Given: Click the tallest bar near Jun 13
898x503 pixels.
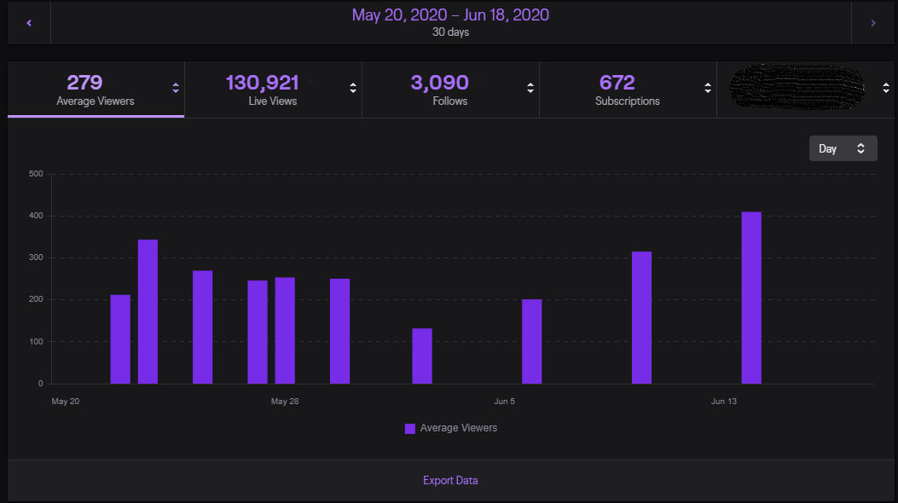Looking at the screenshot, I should (x=750, y=298).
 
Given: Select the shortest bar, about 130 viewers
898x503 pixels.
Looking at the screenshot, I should (x=422, y=356).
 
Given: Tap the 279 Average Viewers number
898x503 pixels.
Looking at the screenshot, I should (x=84, y=83).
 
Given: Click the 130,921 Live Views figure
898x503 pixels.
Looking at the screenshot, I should (x=262, y=83).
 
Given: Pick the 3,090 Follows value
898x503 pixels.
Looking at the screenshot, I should (x=439, y=83).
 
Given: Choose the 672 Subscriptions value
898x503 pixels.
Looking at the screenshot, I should (x=617, y=83).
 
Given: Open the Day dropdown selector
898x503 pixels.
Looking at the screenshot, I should (x=843, y=148).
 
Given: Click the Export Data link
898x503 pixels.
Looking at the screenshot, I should (x=450, y=480).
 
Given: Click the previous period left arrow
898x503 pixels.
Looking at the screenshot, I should (x=29, y=23).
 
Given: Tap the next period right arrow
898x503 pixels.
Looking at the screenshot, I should (x=872, y=23).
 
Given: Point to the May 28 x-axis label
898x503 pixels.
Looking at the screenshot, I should (x=285, y=401).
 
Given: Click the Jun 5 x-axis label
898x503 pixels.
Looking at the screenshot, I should (x=505, y=401).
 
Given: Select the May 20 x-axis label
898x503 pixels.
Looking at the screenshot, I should (x=65, y=401).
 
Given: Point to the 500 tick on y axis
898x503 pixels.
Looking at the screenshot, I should (x=36, y=174).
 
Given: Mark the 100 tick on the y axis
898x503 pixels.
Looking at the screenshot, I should (x=36, y=342).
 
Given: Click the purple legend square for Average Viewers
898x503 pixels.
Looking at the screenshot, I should (x=410, y=428).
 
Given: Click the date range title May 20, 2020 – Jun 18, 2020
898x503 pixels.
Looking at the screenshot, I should (x=450, y=15).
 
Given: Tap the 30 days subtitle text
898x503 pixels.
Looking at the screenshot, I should (x=450, y=32).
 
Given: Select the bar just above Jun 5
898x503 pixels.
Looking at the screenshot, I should (x=531, y=341).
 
